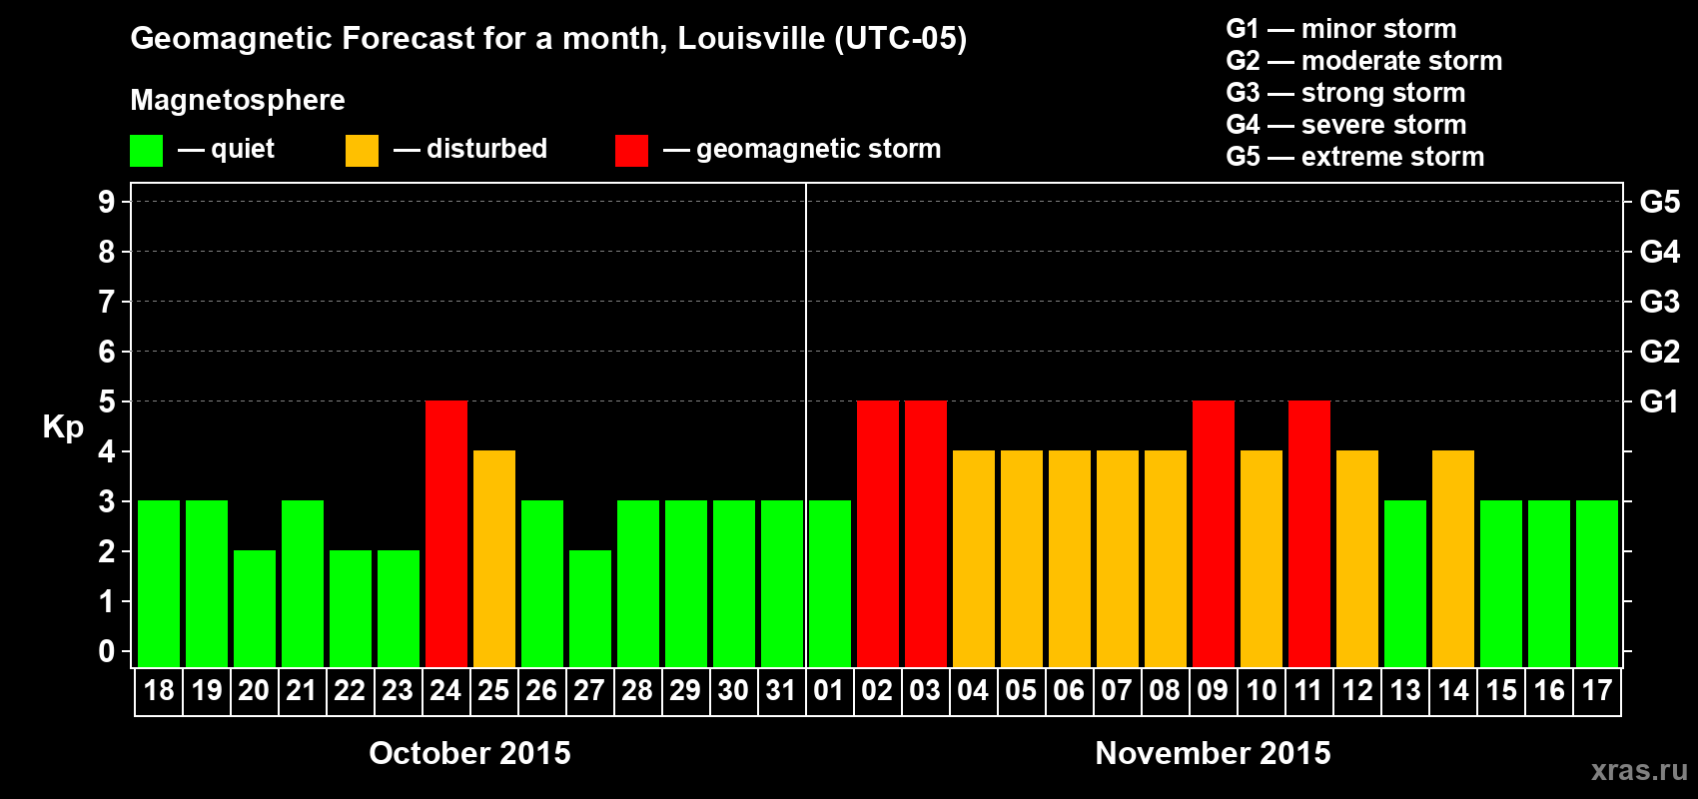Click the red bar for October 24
tap(445, 533)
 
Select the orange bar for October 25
tap(493, 558)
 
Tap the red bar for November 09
tap(1213, 533)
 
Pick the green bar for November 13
tap(1404, 583)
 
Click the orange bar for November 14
tap(1452, 558)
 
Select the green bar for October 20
tap(254, 608)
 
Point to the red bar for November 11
tap(1308, 533)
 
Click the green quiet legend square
tap(146, 151)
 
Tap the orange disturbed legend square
tap(362, 151)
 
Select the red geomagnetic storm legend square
tap(631, 151)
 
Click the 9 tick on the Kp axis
tap(107, 202)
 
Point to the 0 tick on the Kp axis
tap(107, 651)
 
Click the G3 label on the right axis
tap(1659, 302)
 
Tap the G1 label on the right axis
tap(1659, 401)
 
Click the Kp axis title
tap(63, 427)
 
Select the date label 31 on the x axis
tap(781, 690)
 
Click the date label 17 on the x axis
tap(1596, 690)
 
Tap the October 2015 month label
tap(469, 753)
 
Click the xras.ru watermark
tap(1639, 770)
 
